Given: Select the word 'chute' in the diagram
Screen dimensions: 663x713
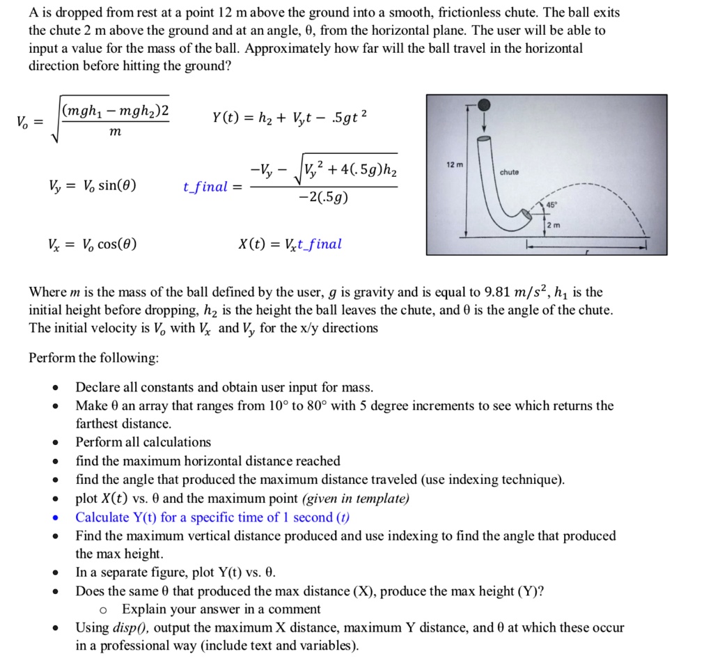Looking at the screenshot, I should pos(508,172).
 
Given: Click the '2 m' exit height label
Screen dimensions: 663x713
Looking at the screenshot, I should pos(553,225).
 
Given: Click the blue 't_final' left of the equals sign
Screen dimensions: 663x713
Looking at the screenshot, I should pos(205,187).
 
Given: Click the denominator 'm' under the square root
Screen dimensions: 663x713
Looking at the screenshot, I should pos(114,131).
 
